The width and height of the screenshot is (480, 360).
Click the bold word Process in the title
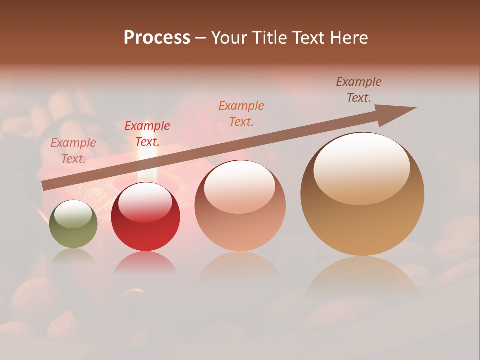(157, 38)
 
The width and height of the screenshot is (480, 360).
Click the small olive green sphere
(73, 230)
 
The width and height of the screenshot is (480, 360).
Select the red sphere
(145, 225)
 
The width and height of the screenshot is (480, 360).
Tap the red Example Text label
(147, 134)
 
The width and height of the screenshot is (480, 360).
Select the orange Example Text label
(241, 113)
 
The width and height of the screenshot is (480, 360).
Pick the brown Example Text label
(359, 89)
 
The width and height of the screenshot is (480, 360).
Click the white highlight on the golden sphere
(362, 169)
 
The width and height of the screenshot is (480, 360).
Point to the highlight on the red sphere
(145, 202)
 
